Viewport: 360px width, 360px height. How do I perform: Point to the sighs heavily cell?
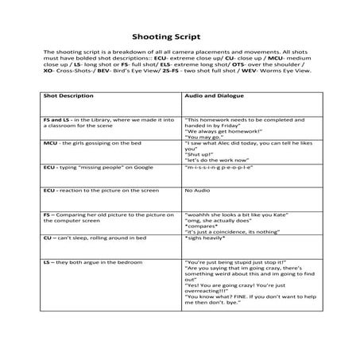(x=203, y=238)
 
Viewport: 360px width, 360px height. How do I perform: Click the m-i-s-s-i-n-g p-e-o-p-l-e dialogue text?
(x=219, y=168)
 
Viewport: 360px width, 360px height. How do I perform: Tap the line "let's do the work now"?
(x=211, y=159)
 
